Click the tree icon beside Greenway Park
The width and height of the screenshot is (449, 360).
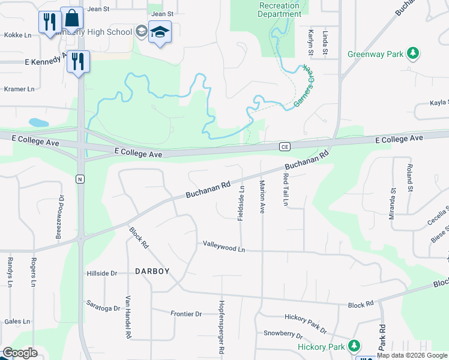(x=412, y=54)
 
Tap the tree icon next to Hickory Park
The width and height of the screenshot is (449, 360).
(x=354, y=346)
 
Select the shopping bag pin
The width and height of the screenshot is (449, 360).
(x=72, y=19)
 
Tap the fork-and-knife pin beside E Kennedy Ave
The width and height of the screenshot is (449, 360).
(x=78, y=62)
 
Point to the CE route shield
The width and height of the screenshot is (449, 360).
(x=285, y=146)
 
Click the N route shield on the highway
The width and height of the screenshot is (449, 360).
(x=79, y=179)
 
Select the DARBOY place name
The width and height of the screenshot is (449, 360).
(x=152, y=271)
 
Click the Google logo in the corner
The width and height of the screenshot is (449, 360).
(x=19, y=353)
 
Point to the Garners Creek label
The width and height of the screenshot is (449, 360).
(x=305, y=89)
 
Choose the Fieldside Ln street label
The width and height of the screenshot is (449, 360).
(x=241, y=203)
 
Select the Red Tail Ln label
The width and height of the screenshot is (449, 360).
(x=286, y=190)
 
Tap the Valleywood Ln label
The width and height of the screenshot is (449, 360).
(x=224, y=246)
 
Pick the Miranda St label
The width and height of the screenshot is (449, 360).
(x=393, y=204)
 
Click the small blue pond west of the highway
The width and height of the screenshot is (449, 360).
(x=38, y=122)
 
